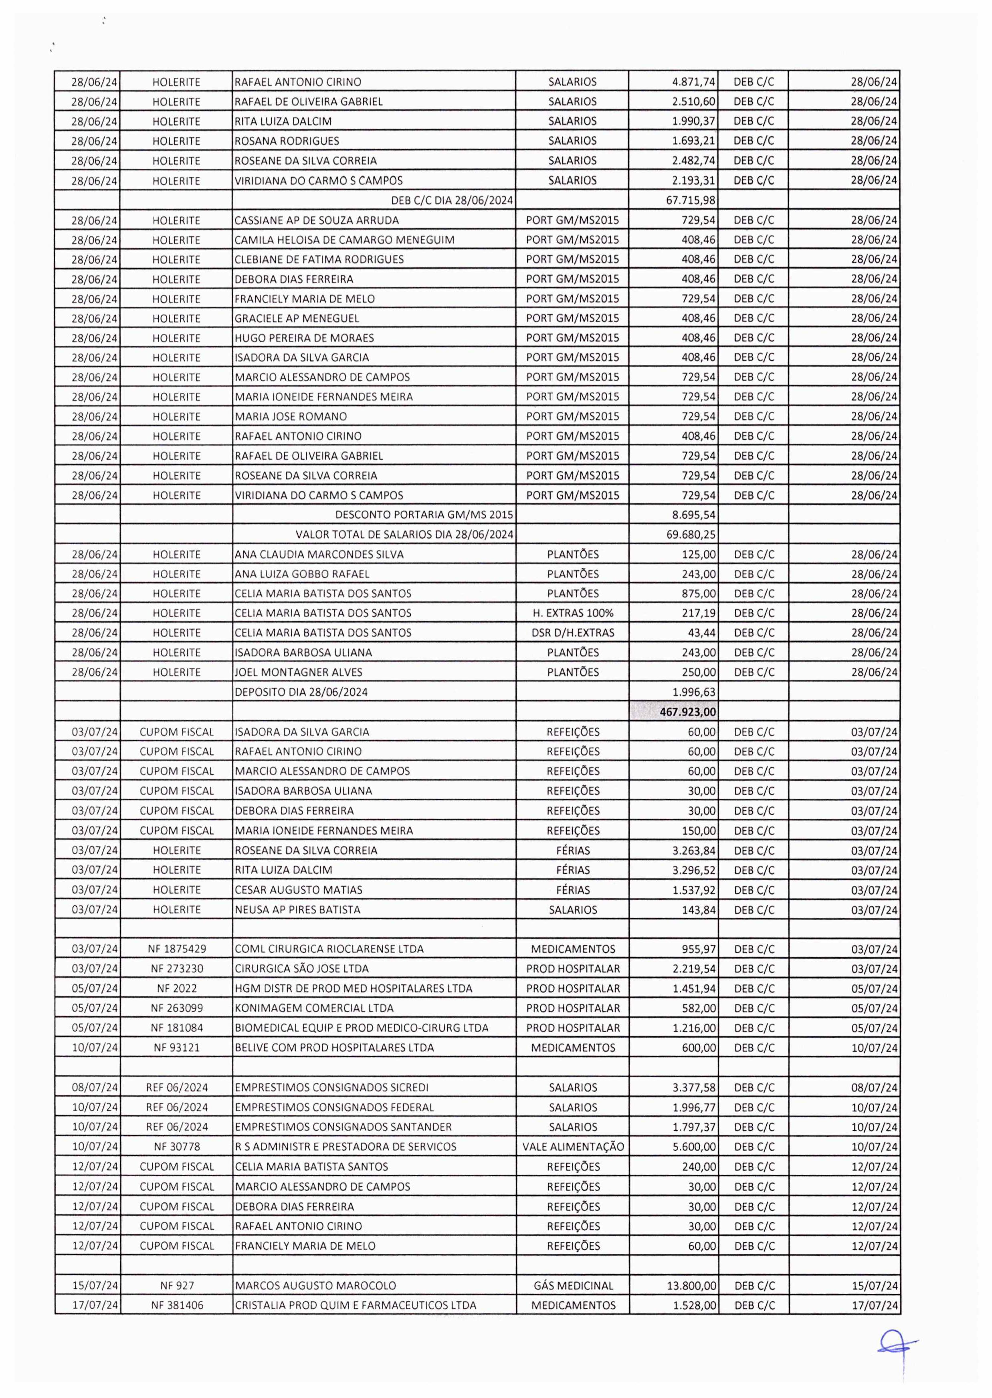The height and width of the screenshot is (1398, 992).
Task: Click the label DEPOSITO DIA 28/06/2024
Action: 301,692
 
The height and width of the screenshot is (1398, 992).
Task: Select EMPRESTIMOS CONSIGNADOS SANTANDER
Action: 343,1127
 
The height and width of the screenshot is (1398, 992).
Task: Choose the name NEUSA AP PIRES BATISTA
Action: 297,910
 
